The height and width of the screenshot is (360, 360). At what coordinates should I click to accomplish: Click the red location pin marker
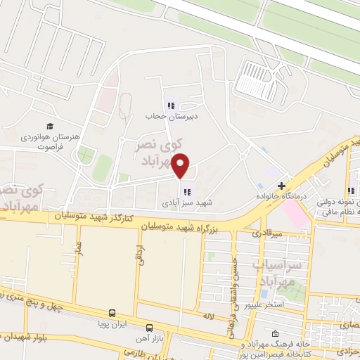coord(181,166)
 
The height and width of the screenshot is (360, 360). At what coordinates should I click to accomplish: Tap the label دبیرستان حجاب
coord(165,117)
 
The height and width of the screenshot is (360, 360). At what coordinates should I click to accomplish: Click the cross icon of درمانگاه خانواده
coord(281,186)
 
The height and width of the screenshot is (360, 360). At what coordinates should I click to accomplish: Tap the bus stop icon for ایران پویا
coord(111,314)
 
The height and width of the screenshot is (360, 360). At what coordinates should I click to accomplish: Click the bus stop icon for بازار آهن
coord(149,327)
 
